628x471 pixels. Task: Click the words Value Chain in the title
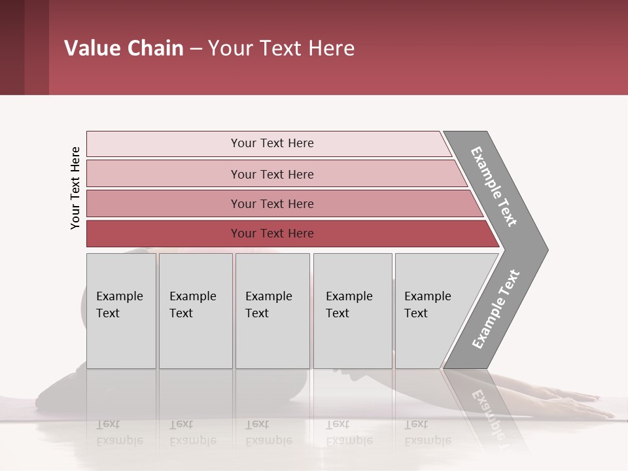click(x=124, y=48)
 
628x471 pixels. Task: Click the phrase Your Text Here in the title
click(x=281, y=48)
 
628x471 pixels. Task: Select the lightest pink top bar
click(x=271, y=143)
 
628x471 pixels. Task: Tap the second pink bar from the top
click(x=271, y=174)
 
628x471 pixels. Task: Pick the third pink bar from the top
click(x=271, y=203)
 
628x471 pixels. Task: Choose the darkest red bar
click(x=271, y=234)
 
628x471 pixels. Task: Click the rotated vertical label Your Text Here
click(x=75, y=188)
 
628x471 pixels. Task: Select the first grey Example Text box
click(x=121, y=311)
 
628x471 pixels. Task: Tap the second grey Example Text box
click(x=196, y=311)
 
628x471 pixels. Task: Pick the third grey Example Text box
click(x=272, y=311)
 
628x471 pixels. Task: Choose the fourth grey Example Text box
click(x=353, y=311)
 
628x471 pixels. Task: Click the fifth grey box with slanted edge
click(x=432, y=311)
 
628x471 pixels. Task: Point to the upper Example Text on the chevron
click(x=494, y=186)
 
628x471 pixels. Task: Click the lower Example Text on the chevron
click(x=496, y=309)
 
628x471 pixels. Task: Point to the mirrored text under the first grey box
click(x=119, y=432)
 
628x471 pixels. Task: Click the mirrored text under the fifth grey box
click(x=427, y=432)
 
